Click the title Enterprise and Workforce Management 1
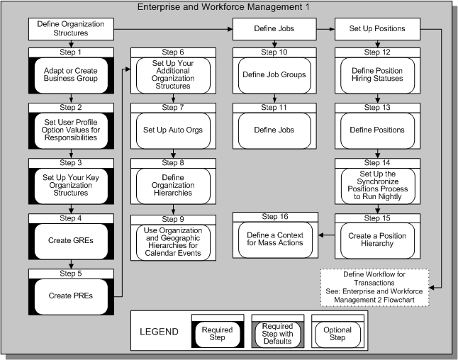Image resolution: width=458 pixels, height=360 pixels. [x=228, y=7]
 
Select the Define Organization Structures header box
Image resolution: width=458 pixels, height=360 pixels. [x=71, y=29]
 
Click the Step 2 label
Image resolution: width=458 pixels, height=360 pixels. [x=71, y=107]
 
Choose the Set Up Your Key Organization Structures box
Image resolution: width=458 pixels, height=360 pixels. [x=71, y=186]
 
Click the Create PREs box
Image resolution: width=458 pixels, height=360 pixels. [x=71, y=295]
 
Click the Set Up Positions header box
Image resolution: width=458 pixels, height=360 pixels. [x=378, y=29]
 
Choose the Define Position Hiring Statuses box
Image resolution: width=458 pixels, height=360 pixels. [x=378, y=75]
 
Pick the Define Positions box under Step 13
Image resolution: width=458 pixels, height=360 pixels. [x=378, y=130]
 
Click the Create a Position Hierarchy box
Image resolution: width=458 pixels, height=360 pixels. [x=378, y=240]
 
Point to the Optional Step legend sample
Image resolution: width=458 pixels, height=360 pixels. [x=337, y=333]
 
